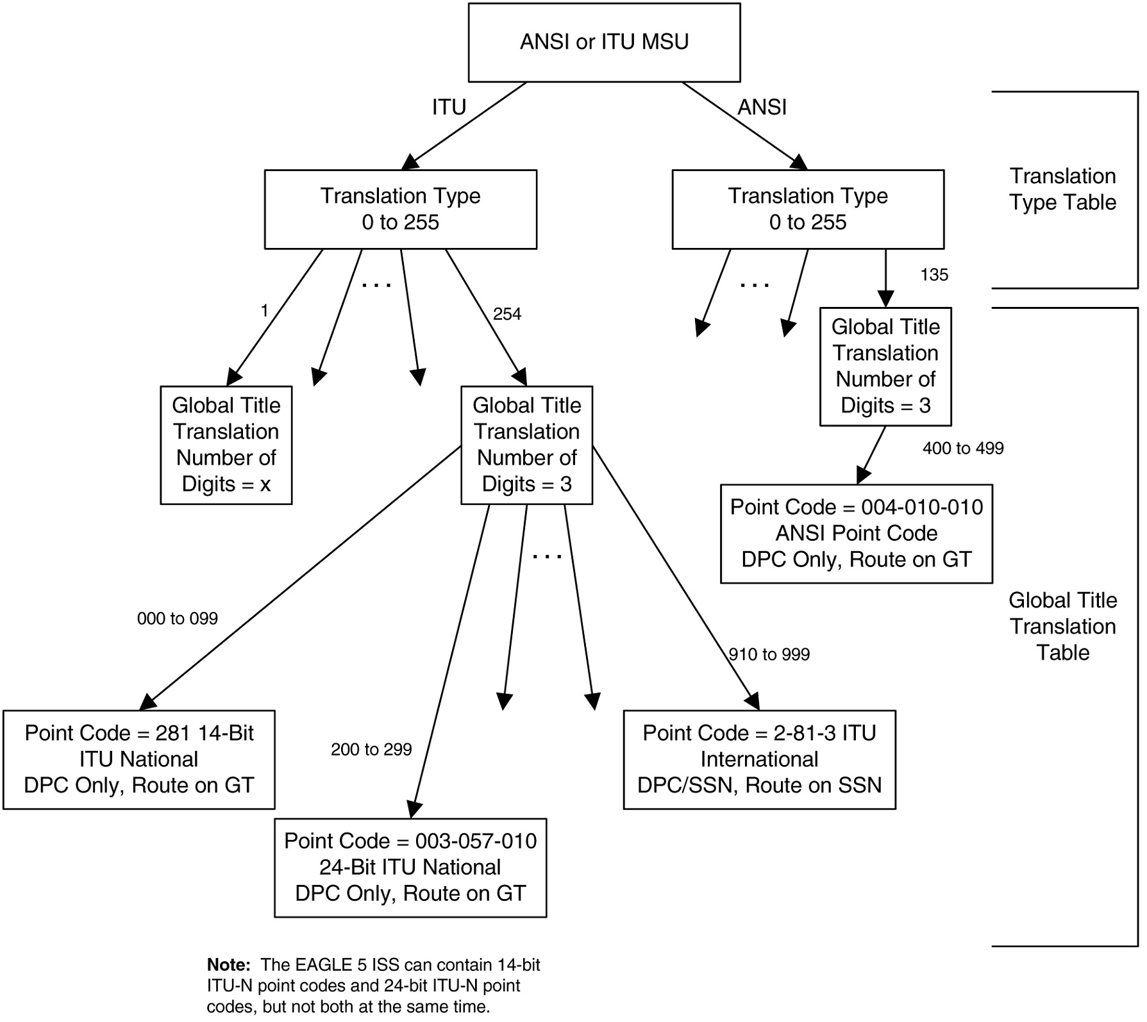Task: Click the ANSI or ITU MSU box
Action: [x=604, y=42]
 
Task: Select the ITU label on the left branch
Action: [x=449, y=107]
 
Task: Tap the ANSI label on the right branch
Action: [x=762, y=107]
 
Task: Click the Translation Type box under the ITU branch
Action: [x=400, y=209]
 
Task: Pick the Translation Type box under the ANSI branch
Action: [x=808, y=209]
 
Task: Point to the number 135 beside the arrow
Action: [x=934, y=275]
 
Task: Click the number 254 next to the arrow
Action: [x=507, y=314]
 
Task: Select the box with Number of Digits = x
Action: [x=226, y=445]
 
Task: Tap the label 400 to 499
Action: [x=963, y=449]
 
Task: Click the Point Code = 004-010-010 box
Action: [x=856, y=533]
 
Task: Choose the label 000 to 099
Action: [x=178, y=618]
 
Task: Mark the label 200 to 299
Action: [x=371, y=750]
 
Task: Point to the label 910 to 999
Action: [x=769, y=654]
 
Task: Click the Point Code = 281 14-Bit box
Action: [x=139, y=759]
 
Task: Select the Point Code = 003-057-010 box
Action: [x=410, y=868]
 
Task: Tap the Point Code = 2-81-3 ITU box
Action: [x=759, y=759]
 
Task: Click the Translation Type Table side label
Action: [x=1062, y=189]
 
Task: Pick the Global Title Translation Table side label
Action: [x=1062, y=626]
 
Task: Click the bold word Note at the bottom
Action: [x=228, y=965]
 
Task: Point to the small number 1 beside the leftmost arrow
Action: [x=264, y=311]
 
